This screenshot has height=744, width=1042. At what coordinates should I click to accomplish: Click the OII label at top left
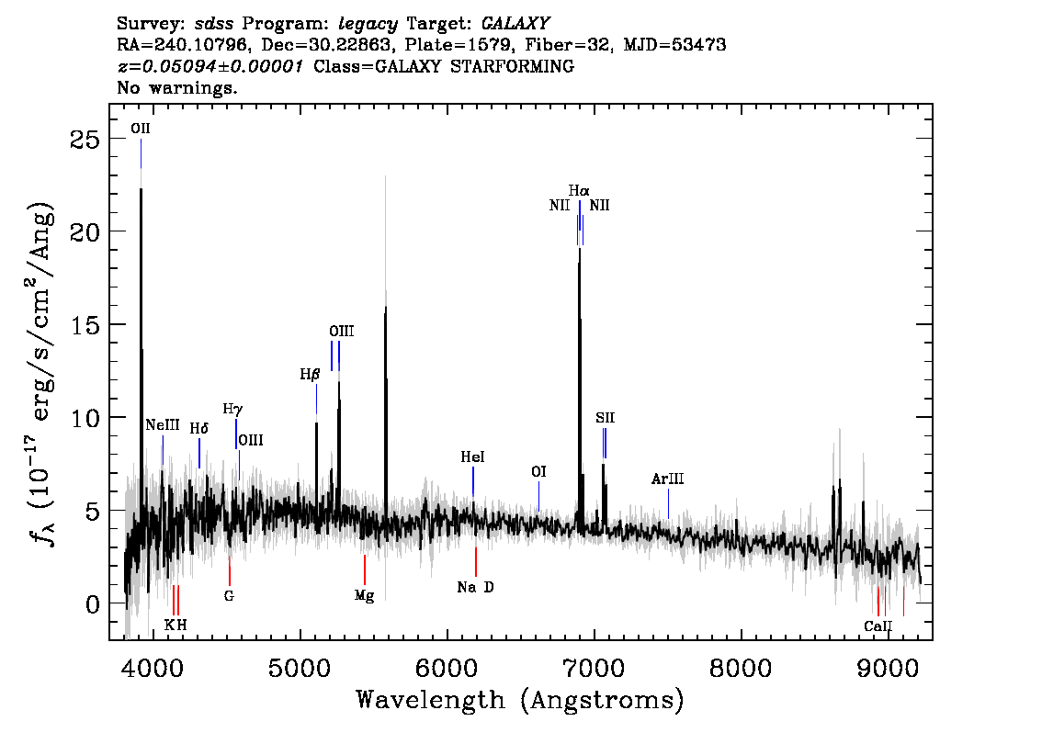(x=141, y=129)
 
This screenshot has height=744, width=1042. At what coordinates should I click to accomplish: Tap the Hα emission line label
(x=579, y=191)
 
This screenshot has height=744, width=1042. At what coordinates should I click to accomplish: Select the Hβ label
(x=310, y=375)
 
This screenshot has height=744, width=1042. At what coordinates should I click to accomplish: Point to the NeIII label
(x=163, y=425)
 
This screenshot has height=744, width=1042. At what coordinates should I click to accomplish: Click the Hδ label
(x=198, y=428)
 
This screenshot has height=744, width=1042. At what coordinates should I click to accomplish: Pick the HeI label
(x=472, y=457)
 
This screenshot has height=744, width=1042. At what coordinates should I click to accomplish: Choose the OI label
(x=539, y=471)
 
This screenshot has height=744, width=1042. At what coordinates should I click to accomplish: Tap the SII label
(x=605, y=418)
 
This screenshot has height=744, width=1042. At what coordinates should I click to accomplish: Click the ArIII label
(x=667, y=479)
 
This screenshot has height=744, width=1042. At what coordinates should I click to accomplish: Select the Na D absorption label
(x=475, y=587)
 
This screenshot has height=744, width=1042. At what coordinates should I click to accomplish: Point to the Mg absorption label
(x=364, y=596)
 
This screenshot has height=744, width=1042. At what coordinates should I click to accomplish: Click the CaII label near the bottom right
(x=878, y=626)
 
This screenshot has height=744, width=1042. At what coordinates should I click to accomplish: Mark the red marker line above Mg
(x=364, y=569)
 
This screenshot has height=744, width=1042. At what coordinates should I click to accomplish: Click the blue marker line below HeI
(x=473, y=481)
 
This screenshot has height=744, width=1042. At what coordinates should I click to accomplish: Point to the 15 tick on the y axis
(x=85, y=325)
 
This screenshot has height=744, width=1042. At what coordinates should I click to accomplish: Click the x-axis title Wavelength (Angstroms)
(x=520, y=701)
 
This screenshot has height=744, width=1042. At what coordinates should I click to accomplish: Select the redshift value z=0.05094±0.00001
(x=210, y=66)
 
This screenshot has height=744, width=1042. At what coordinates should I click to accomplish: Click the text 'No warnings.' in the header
(x=176, y=87)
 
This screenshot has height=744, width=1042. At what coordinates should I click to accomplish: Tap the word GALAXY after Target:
(x=515, y=24)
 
